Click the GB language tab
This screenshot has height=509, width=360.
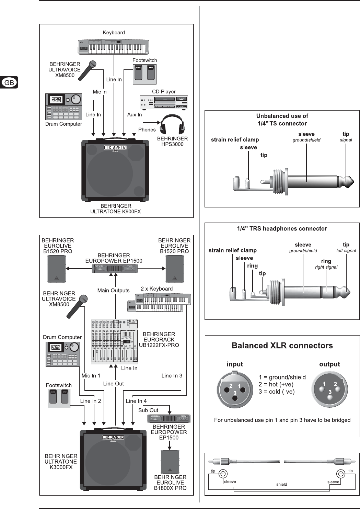tap(9, 82)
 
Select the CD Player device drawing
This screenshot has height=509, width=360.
tap(164, 102)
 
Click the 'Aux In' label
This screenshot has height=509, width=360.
tap(135, 114)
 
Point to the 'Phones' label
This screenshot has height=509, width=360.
tap(147, 129)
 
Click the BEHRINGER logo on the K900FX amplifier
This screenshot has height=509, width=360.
tap(115, 148)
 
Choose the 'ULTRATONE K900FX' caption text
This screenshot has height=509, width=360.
tap(116, 212)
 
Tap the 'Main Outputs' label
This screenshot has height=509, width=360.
tap(113, 291)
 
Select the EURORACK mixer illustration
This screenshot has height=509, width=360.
tap(114, 341)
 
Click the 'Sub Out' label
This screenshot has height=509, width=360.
tap(148, 410)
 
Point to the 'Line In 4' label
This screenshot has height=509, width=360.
tap(136, 401)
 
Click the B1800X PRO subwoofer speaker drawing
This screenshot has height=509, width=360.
tap(170, 462)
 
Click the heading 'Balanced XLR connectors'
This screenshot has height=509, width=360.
tap(282, 346)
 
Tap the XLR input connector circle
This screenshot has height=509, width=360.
tap(235, 389)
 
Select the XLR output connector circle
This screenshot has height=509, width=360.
tap(329, 389)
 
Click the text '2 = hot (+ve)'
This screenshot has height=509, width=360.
tap(276, 384)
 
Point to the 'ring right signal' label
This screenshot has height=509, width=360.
tap(326, 264)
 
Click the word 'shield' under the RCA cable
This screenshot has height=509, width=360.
tap(281, 484)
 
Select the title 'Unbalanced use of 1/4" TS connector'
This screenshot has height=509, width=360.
tap(282, 120)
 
